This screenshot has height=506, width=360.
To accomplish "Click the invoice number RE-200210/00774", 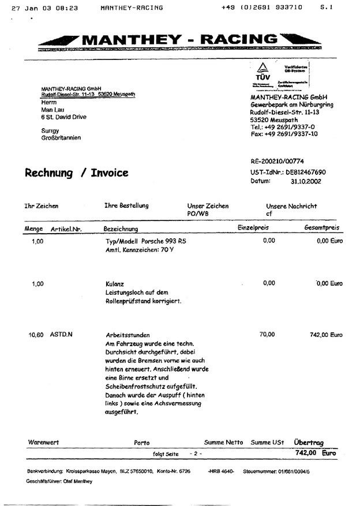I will coord(277,162).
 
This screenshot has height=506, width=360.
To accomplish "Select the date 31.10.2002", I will coord(306,181).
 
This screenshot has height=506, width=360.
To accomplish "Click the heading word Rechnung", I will coord(48,173).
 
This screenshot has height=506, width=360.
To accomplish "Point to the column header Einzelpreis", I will coord(253,228).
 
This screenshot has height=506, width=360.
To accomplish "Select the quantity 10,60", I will coord(36,335).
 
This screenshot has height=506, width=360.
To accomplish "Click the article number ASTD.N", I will coord(62,335).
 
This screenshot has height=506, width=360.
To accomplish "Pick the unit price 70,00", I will coord(267,334).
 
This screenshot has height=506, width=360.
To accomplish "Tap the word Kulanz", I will coord(115,284).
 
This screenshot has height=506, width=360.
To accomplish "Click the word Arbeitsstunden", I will coord(127,335).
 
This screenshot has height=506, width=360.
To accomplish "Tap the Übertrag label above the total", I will coord(309,443).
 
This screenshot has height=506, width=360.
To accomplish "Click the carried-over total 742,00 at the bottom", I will coord(305,453).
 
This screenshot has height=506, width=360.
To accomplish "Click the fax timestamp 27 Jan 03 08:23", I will coord(48,8).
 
